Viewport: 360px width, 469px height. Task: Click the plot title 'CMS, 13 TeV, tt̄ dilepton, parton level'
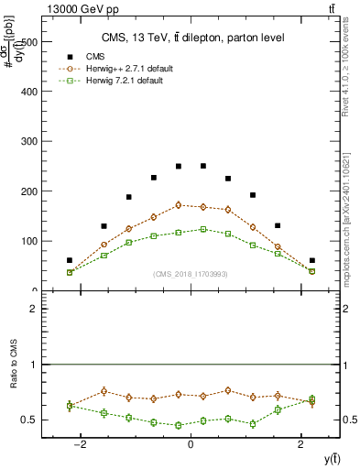pos(191,38)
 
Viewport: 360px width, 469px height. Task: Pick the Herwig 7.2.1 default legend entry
pos(128,81)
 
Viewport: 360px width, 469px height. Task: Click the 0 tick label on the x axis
pos(191,444)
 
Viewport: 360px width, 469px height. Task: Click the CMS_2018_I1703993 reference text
pos(191,274)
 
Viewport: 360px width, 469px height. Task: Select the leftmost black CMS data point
pos(70,260)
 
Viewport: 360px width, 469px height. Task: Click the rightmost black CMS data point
pos(311,260)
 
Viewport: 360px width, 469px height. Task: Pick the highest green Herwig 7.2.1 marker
pos(203,229)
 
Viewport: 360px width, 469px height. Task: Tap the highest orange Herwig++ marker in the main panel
pos(179,205)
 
